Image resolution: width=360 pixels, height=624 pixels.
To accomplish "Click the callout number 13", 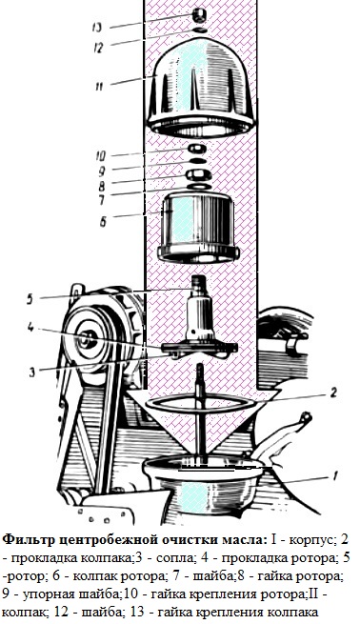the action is click(x=96, y=27).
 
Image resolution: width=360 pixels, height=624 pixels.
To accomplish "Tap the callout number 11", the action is click(x=99, y=85).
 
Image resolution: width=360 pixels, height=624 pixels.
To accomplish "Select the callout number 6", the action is click(x=103, y=222).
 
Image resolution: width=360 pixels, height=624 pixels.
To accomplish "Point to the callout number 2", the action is click(x=333, y=393).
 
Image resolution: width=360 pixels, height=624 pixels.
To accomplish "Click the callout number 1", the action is click(x=335, y=475).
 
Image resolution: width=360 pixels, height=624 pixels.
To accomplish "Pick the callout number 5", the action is click(x=30, y=299).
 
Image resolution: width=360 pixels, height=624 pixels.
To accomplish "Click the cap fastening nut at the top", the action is click(x=199, y=15).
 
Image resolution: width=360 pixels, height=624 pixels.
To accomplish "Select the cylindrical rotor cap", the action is click(x=198, y=228).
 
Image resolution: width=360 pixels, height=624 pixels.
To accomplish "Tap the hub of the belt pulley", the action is click(x=89, y=338).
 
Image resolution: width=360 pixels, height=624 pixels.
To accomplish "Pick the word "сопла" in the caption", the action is click(x=176, y=558).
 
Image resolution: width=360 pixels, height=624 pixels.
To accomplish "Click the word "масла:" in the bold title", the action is click(x=242, y=540).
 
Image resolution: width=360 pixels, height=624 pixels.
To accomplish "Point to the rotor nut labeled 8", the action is click(x=195, y=174).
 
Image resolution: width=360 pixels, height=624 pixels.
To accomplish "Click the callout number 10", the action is click(x=101, y=155).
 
